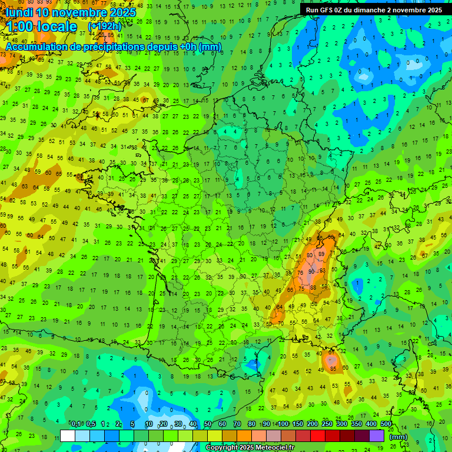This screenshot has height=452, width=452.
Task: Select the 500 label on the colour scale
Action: (386, 424)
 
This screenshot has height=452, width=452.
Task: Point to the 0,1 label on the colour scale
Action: (76, 424)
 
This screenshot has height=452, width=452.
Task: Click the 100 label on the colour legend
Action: (282, 424)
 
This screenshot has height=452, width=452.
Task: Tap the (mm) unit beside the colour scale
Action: (398, 437)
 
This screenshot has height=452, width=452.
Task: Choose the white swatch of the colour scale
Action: (68, 436)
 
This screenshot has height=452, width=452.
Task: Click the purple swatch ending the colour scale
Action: (377, 436)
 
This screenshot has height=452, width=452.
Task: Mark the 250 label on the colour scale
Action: (327, 424)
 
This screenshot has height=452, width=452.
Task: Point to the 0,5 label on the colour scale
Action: (91, 424)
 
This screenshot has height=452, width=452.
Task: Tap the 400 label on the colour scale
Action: (371, 424)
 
